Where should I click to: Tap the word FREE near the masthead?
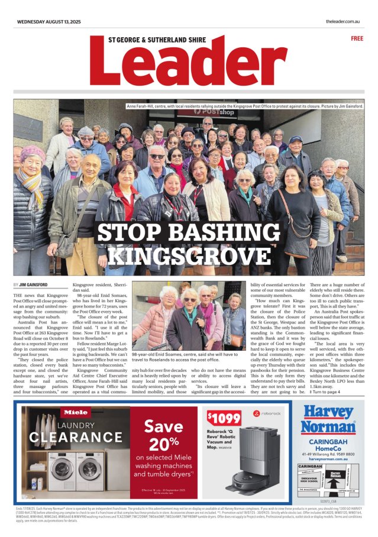point(357,38)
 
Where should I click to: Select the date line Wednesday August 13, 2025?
point(49,21)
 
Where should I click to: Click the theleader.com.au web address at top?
point(343,21)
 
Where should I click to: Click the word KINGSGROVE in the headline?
point(188,255)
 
